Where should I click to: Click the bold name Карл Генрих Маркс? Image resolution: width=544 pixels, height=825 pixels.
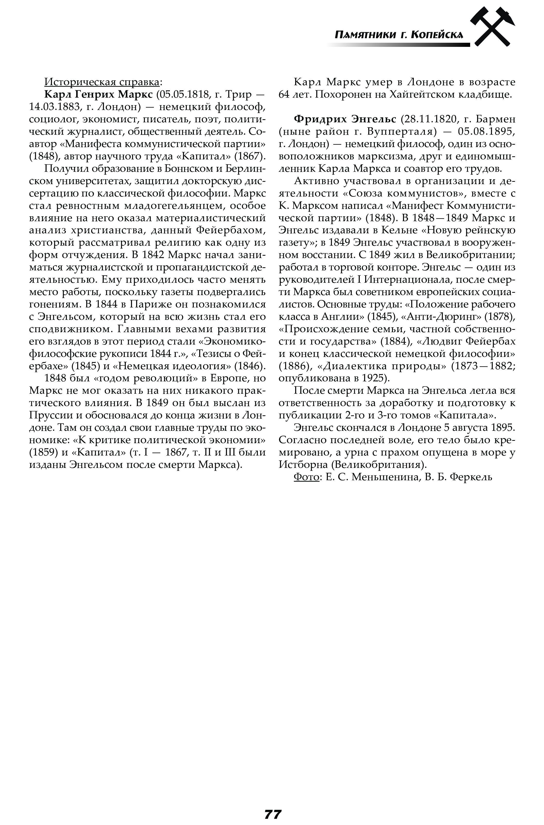99,95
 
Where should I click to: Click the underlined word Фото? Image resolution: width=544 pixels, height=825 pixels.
306,477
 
